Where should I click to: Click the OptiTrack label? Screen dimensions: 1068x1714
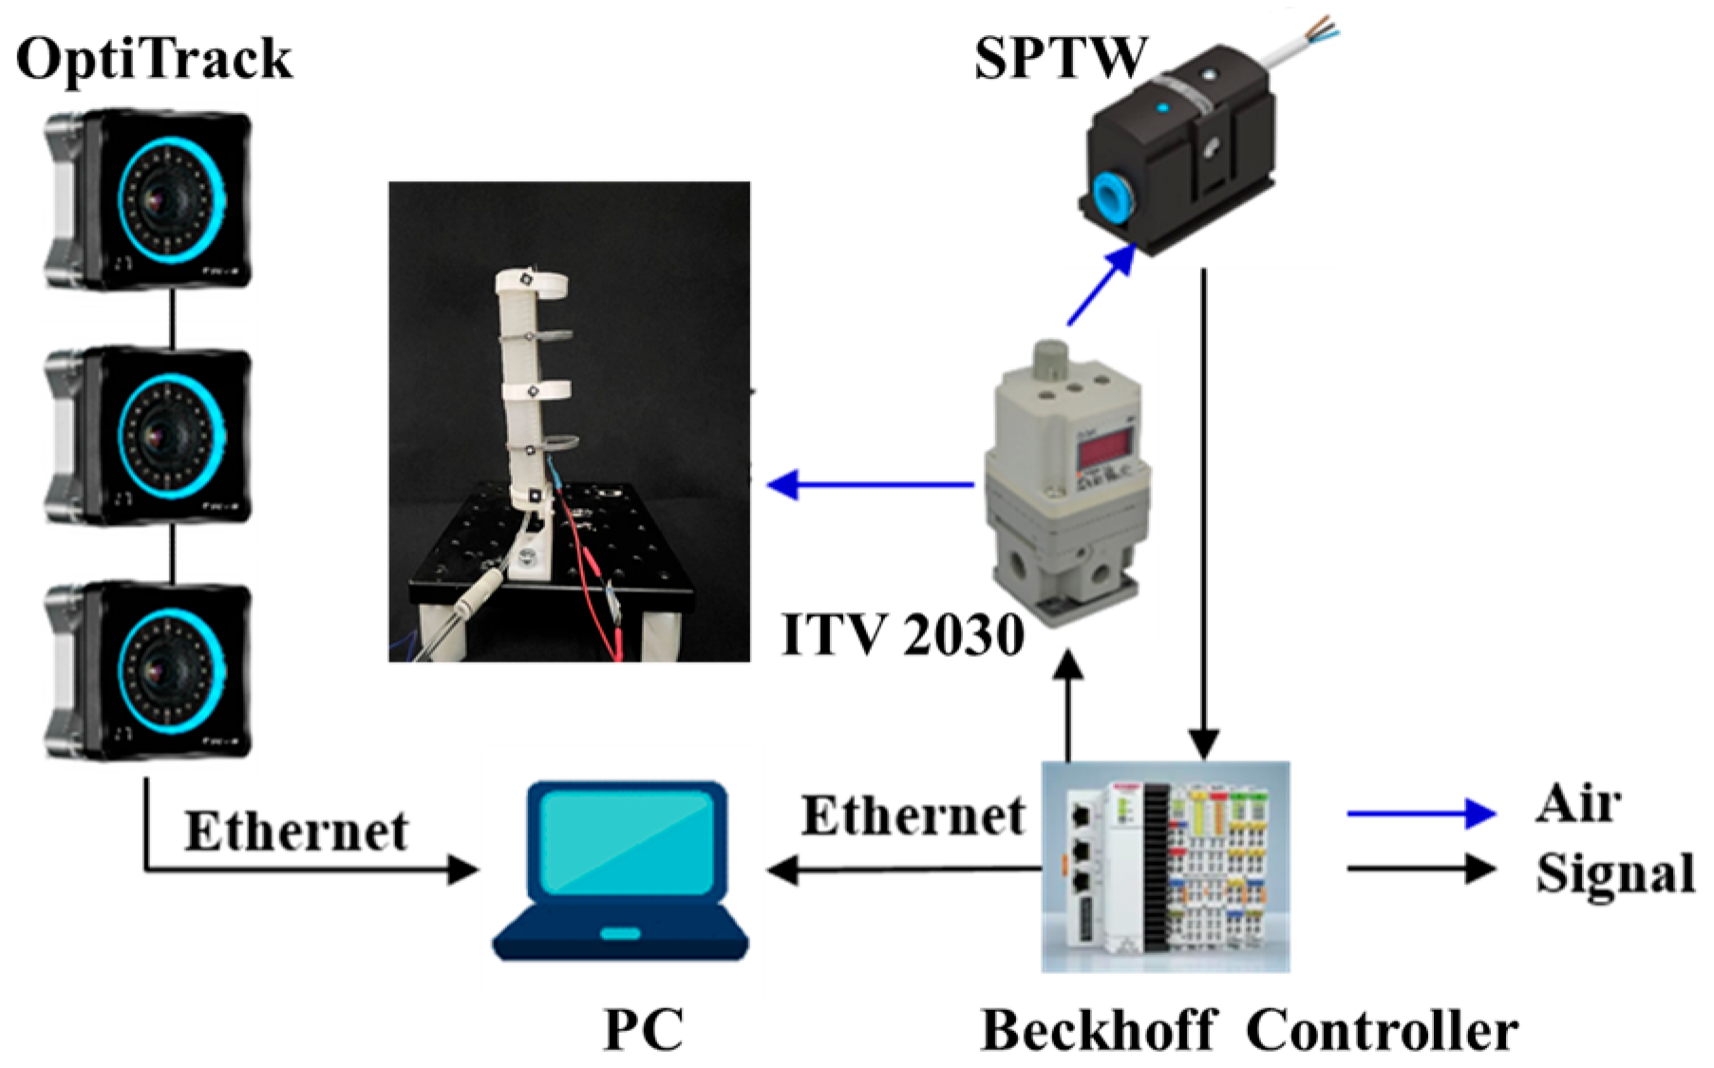point(154,59)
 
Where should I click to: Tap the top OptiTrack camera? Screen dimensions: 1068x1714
point(149,198)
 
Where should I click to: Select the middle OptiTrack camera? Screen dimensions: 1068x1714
point(149,435)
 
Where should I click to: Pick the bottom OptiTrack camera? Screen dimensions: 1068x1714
point(149,669)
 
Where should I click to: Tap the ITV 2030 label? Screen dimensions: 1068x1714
point(903,634)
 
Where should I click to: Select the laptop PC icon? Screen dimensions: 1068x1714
point(620,871)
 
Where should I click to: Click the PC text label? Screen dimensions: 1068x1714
point(643,1029)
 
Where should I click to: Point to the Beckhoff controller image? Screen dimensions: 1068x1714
point(1165,867)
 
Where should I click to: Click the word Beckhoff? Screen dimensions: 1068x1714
point(1098,1031)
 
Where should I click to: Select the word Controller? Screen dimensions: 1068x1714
point(1382,1031)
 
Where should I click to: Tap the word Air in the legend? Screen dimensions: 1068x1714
point(1578,805)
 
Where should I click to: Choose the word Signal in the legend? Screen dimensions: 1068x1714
point(1615,872)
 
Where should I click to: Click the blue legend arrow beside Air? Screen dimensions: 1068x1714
point(1421,813)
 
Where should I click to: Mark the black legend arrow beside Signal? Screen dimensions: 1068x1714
point(1421,868)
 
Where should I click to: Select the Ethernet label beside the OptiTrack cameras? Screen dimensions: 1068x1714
point(296,832)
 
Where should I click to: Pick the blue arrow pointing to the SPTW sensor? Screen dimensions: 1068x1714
point(1101,285)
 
